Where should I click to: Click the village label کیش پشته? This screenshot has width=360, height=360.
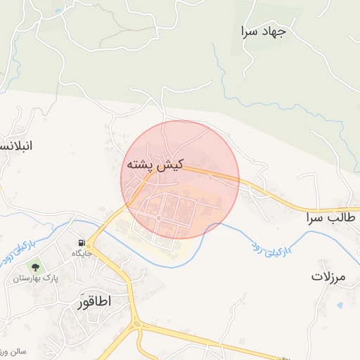coord(155,165)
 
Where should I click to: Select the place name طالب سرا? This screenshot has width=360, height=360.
coord(330,219)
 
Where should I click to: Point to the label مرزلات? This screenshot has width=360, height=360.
coord(328,276)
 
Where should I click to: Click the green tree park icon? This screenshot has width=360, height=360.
coord(34,266)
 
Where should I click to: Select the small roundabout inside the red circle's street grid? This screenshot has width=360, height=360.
coord(160,219)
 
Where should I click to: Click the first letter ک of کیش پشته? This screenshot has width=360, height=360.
coord(176,165)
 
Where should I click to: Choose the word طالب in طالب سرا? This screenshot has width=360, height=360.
coord(340,219)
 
